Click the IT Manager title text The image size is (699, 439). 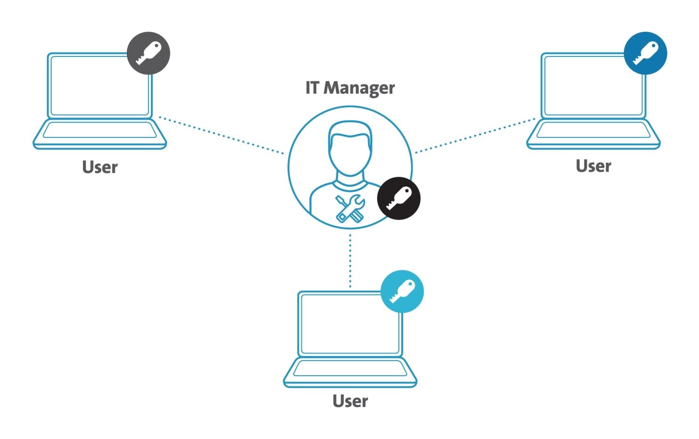click(x=350, y=88)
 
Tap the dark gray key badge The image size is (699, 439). click(x=149, y=53)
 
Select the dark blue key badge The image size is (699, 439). click(x=645, y=53)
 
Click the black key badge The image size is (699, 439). click(x=399, y=199)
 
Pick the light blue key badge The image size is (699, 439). click(x=402, y=291)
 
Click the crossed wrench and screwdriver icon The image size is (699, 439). click(x=350, y=208)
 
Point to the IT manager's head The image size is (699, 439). click(x=350, y=149)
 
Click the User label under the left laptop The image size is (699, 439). click(x=100, y=167)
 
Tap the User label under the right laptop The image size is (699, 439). click(x=594, y=166)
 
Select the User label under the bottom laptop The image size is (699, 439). click(x=350, y=401)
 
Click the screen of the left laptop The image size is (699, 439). click(x=100, y=86)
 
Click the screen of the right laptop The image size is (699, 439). click(x=593, y=86)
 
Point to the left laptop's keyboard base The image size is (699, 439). click(x=100, y=134)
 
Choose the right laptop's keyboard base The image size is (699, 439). click(x=594, y=134)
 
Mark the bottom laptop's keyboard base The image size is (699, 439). click(x=350, y=372)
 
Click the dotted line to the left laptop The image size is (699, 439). click(x=221, y=136)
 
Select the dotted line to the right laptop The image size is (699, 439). click(x=475, y=136)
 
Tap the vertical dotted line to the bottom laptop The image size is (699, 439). click(x=350, y=261)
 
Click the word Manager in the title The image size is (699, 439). click(x=359, y=88)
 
